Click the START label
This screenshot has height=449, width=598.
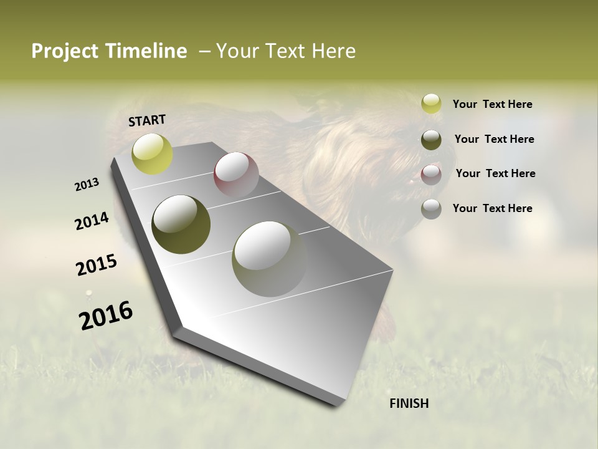tap(147, 120)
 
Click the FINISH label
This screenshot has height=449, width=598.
tap(409, 403)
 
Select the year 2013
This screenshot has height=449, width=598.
tap(87, 185)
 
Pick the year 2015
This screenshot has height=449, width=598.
tap(97, 265)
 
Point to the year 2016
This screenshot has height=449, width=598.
tap(106, 316)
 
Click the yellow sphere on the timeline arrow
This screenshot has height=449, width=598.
tap(152, 153)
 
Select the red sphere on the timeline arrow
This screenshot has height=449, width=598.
tap(236, 175)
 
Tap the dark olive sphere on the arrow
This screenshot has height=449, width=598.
tap(181, 224)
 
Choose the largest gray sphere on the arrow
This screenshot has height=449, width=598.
tap(270, 259)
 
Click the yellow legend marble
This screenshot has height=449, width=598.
tap(431, 104)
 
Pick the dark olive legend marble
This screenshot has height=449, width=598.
tap(431, 140)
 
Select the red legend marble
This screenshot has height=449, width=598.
tap(431, 175)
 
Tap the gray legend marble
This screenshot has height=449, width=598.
tap(431, 209)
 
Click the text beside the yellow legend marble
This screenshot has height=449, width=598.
tap(492, 105)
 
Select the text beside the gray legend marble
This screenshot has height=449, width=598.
tap(492, 208)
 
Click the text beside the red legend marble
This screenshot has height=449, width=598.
tap(495, 173)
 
